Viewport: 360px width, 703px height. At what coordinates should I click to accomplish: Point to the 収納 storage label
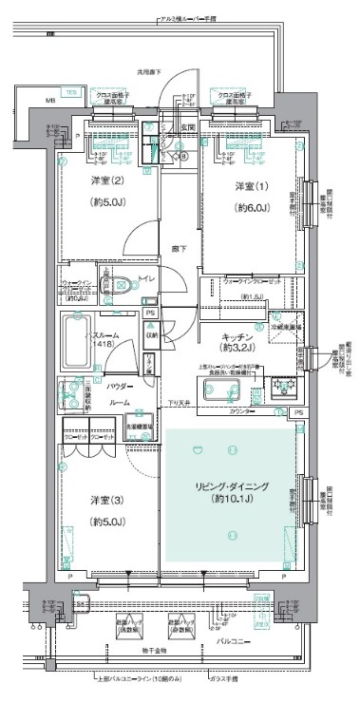pyautogui.click(x=151, y=333)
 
